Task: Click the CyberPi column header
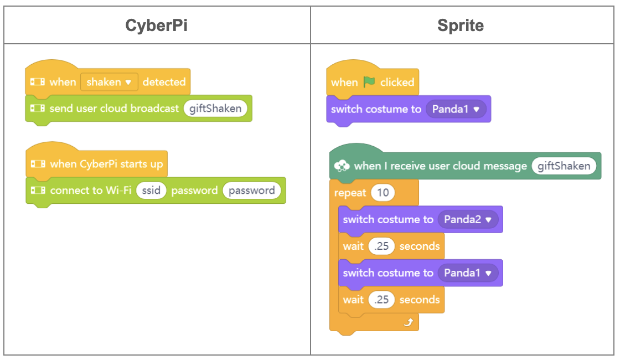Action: (156, 25)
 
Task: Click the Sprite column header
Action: (460, 25)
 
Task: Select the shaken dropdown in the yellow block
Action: (109, 82)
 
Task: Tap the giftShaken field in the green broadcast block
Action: (215, 109)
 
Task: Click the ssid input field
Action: (151, 191)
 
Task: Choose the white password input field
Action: (251, 191)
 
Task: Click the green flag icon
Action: (369, 82)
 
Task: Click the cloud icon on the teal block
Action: (342, 166)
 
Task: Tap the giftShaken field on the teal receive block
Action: (564, 166)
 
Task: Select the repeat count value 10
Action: (383, 193)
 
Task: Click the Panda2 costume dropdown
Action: (468, 219)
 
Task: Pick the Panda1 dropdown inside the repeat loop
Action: (468, 272)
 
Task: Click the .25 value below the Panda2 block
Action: (381, 246)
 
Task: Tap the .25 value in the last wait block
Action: (381, 300)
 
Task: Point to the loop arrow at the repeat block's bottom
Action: (409, 322)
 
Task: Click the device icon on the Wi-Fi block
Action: (38, 191)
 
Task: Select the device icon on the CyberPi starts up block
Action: (38, 164)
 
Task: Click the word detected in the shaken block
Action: (164, 82)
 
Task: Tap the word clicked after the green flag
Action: (397, 83)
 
